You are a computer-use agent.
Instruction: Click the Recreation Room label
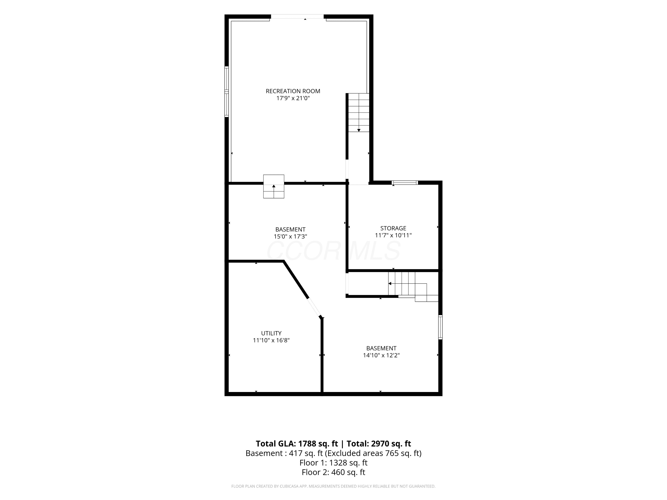point(293,91)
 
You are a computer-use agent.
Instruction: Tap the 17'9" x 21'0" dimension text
point(293,98)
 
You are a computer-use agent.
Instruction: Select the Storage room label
point(393,228)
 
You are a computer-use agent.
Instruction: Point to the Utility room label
point(271,333)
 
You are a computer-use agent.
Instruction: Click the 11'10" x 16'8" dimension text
point(271,340)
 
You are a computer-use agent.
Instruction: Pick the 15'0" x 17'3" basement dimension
point(290,237)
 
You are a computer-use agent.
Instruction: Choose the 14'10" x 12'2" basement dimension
point(381,355)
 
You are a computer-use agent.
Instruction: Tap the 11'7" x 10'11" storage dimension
point(393,235)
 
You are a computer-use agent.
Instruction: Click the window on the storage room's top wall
point(405,182)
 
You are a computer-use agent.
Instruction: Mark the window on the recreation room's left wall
point(227,92)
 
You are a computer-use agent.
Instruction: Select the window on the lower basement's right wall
point(440,327)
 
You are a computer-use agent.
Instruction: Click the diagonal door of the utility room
point(314,307)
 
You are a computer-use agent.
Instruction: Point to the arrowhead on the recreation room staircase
point(359,130)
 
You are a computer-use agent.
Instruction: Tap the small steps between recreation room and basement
point(274,186)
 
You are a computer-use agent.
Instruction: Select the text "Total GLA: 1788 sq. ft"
point(297,444)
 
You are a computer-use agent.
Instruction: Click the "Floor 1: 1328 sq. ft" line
point(333,463)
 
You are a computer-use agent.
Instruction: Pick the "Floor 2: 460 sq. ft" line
point(333,472)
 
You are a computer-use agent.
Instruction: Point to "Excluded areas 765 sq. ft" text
point(373,453)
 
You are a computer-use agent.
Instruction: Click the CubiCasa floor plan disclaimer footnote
point(333,486)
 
